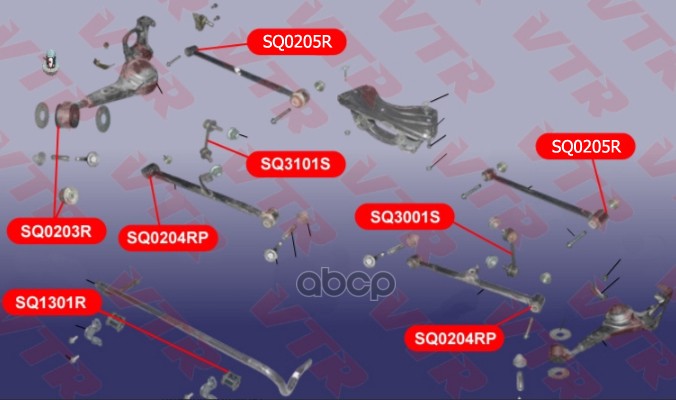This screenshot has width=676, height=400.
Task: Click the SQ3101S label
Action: tap(295, 164)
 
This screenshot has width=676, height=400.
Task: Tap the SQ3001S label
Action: tap(404, 216)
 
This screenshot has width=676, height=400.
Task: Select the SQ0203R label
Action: tap(56, 231)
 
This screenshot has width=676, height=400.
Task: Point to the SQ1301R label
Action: tap(51, 302)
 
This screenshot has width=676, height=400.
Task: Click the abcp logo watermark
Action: tap(346, 283)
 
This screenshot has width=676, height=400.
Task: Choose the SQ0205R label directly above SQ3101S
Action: tap(297, 42)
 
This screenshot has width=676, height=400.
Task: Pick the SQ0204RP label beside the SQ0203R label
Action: tap(168, 238)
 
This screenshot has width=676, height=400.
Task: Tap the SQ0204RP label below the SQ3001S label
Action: tap(455, 338)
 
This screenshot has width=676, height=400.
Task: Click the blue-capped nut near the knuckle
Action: tap(50, 61)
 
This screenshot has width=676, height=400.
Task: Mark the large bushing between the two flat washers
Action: tap(67, 115)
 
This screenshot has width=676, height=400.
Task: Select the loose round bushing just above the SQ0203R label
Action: tap(69, 196)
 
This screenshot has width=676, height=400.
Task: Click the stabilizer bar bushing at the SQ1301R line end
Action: tap(231, 379)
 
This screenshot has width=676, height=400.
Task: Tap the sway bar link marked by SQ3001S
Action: tap(511, 251)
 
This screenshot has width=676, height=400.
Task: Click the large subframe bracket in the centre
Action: tap(390, 117)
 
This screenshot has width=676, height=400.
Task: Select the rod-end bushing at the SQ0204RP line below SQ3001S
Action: tap(536, 303)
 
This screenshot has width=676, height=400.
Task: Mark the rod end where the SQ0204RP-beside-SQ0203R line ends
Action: tap(149, 170)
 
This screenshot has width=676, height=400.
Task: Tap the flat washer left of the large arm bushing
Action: tap(42, 115)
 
